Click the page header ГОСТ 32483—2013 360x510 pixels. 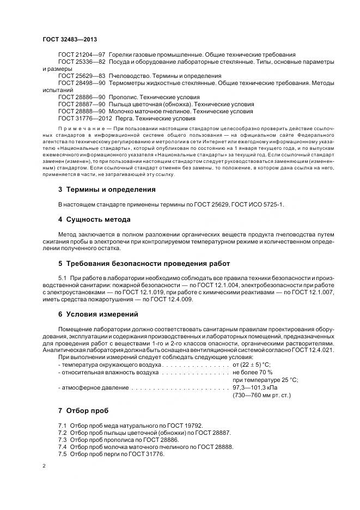click(70, 40)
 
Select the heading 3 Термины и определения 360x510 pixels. click(107, 190)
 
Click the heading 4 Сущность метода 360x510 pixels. click(94, 220)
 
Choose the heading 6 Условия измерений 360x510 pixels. click(98, 314)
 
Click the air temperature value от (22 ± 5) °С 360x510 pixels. click(251, 364)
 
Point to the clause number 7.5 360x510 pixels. click(62, 453)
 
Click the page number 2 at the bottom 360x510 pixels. click(44, 467)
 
